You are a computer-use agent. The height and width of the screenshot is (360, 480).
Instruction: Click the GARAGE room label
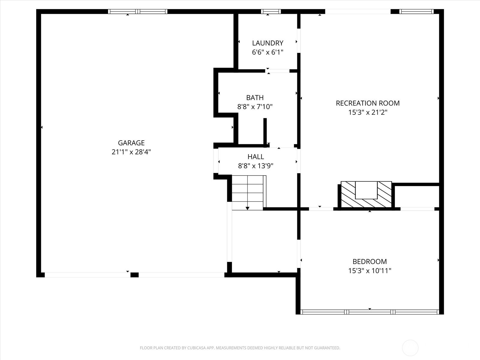tap(131, 143)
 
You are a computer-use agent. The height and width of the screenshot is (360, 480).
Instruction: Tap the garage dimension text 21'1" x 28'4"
tap(131, 152)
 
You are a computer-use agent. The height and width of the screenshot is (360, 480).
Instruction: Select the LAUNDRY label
tap(268, 43)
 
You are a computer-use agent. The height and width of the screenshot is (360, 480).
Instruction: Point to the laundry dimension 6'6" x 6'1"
tap(268, 52)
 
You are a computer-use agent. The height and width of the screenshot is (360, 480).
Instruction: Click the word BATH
tap(255, 97)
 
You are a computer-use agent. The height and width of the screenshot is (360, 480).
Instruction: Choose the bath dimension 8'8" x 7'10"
tap(255, 107)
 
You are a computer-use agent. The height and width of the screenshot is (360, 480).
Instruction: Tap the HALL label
tap(256, 157)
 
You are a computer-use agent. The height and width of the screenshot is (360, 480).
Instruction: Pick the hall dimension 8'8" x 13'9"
tap(256, 166)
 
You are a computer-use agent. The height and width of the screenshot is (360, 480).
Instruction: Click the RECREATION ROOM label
tap(367, 103)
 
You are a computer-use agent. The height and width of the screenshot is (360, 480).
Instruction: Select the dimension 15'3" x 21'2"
tap(367, 112)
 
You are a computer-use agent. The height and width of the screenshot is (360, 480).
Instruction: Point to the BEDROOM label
tap(370, 261)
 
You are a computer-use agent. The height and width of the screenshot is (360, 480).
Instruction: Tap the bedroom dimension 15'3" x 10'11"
tap(370, 271)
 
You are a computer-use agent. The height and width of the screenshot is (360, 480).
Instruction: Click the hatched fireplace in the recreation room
tap(366, 194)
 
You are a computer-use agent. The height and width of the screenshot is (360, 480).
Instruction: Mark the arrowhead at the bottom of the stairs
tap(247, 208)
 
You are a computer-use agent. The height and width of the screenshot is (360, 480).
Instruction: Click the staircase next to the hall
tap(249, 193)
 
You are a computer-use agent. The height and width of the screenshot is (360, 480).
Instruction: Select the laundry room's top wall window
tap(271, 11)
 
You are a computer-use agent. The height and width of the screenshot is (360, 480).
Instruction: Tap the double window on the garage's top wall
tap(137, 11)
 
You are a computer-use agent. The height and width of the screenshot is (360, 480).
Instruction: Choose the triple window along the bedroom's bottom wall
tap(370, 312)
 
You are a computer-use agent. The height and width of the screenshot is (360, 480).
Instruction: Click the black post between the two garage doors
tap(134, 275)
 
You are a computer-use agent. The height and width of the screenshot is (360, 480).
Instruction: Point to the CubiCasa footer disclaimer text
tap(240, 348)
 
